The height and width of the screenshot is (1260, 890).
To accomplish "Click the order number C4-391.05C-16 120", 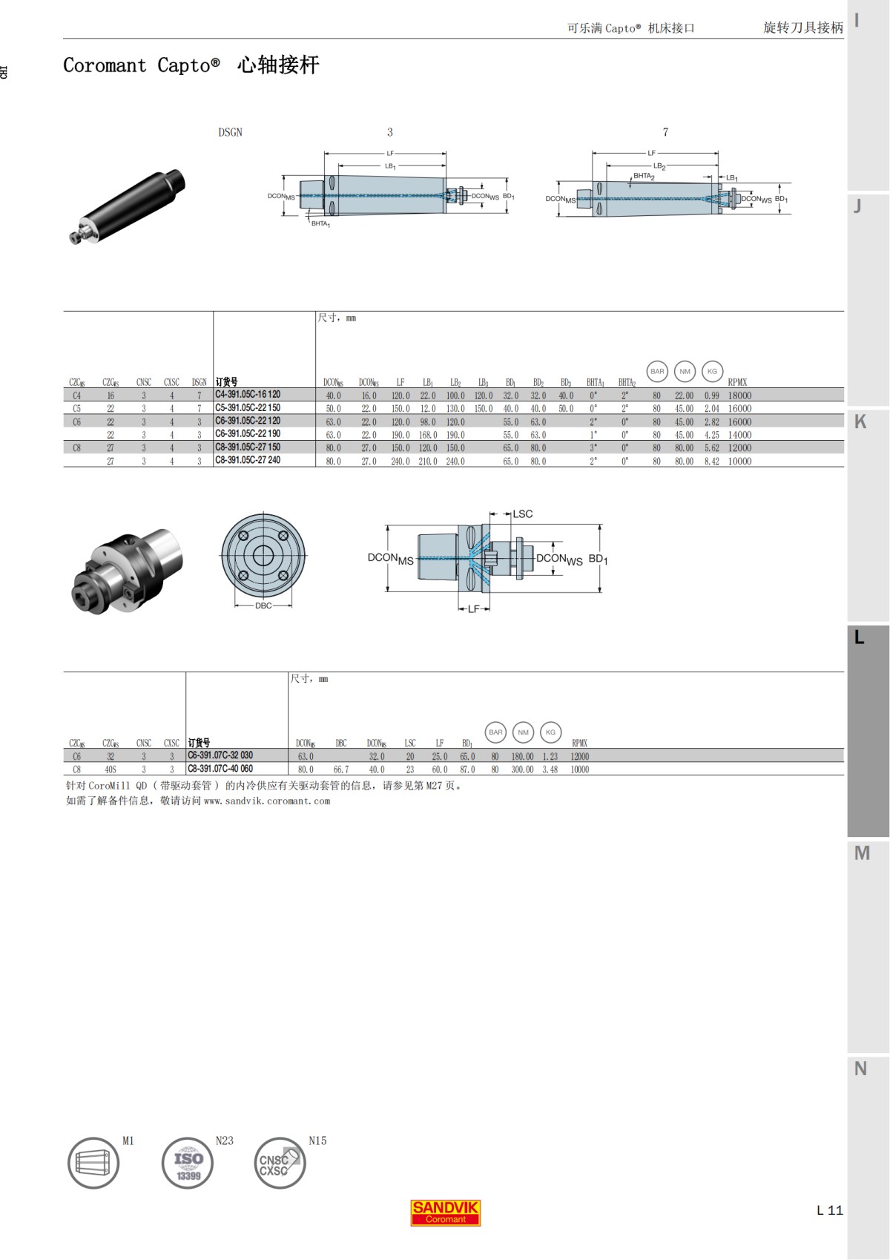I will tap(248, 395).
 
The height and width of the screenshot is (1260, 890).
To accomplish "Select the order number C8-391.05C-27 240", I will tap(248, 460).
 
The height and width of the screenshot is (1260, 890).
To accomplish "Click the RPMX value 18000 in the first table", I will tap(739, 396).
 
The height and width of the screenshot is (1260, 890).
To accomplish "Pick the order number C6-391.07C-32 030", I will tap(220, 755).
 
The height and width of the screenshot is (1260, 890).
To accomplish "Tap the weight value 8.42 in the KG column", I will tap(711, 461).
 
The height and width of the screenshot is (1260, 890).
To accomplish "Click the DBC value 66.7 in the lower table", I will tap(340, 770).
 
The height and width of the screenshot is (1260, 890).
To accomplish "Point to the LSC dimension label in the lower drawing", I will tap(522, 513).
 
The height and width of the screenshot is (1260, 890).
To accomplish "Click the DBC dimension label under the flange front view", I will tap(263, 606).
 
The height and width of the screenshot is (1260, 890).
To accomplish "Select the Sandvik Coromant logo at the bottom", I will tap(446, 1212).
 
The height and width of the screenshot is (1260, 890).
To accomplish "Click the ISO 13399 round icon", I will tap(188, 1163).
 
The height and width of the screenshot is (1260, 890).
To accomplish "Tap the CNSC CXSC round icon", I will tap(280, 1163).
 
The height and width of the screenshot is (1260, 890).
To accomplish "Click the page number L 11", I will tap(829, 1210).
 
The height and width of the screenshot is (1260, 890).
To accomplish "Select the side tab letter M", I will tap(861, 853).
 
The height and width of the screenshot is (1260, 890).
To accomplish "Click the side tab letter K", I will tap(860, 421).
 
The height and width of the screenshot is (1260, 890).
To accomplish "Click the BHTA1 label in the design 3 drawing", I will tap(320, 223).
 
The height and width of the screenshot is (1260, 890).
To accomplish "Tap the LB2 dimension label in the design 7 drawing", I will tap(659, 166).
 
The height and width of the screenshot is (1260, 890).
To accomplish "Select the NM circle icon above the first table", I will tap(685, 371).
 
